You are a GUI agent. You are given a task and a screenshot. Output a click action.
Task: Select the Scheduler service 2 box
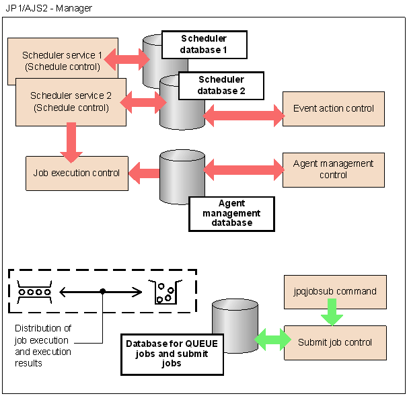(x=70, y=101)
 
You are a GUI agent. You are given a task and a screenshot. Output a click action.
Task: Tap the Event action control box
(x=334, y=108)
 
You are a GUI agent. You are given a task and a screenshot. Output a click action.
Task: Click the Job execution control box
(x=77, y=173)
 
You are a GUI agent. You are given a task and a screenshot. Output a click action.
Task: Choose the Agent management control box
(x=334, y=169)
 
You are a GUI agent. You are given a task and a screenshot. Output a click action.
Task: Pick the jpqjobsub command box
(x=335, y=292)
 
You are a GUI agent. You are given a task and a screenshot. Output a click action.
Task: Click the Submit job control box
(x=335, y=342)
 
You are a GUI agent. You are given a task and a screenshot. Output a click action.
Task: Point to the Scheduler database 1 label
(x=204, y=45)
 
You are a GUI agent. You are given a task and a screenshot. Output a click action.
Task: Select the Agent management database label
(x=231, y=213)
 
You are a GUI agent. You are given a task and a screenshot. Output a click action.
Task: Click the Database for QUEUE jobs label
(x=172, y=354)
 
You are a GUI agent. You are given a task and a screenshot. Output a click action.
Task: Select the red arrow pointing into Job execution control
(x=143, y=173)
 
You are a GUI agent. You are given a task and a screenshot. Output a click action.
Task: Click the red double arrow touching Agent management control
(x=244, y=169)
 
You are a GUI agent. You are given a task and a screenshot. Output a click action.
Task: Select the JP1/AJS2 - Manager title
(x=48, y=8)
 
